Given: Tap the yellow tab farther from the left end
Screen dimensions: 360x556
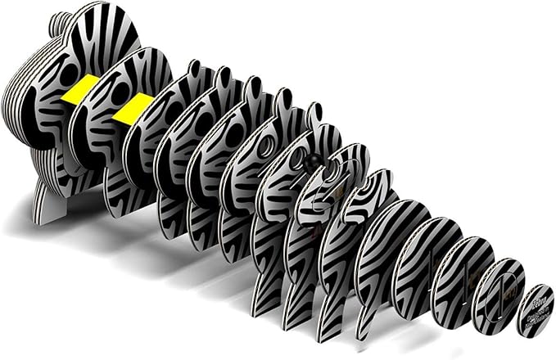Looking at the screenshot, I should point(132,110).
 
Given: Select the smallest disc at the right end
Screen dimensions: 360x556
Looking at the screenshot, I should point(536,310).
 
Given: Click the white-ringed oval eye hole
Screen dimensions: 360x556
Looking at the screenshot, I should point(266,147).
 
